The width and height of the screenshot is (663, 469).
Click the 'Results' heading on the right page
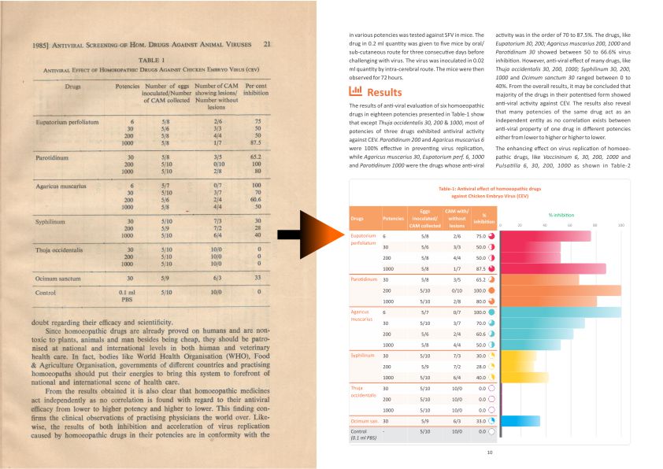(384, 93)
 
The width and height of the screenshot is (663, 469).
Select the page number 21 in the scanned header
(267, 45)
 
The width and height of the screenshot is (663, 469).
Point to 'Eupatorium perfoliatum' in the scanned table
(72, 122)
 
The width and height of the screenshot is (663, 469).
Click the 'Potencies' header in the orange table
(393, 217)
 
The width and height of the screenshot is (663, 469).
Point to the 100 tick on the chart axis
(621, 225)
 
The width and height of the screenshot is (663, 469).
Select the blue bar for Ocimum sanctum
(520, 421)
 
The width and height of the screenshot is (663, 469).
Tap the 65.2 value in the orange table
(480, 279)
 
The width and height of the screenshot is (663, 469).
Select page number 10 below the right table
(490, 453)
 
